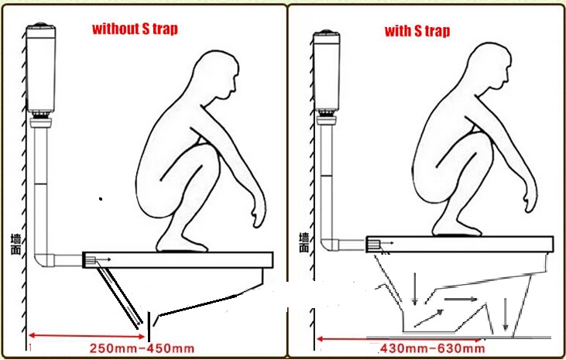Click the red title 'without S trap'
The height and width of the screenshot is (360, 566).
click(x=135, y=29)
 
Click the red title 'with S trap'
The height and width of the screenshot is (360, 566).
click(x=417, y=31)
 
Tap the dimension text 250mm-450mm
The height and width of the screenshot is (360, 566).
click(x=142, y=348)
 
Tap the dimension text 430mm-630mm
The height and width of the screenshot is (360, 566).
click(x=433, y=348)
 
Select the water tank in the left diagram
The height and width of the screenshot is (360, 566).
click(x=41, y=67)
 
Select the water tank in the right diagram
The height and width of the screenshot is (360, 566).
click(x=327, y=70)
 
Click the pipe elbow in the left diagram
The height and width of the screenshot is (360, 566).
click(x=43, y=259)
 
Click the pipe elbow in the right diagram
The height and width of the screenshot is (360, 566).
click(x=330, y=244)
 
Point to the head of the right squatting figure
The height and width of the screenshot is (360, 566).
click(x=490, y=66)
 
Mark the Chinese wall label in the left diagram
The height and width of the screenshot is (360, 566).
click(x=16, y=245)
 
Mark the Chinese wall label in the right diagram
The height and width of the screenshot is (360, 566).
click(x=304, y=242)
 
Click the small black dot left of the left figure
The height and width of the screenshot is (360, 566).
click(x=101, y=199)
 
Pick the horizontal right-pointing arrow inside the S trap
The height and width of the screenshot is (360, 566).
click(x=461, y=299)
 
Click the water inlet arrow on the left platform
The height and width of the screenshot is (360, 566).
click(x=104, y=259)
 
